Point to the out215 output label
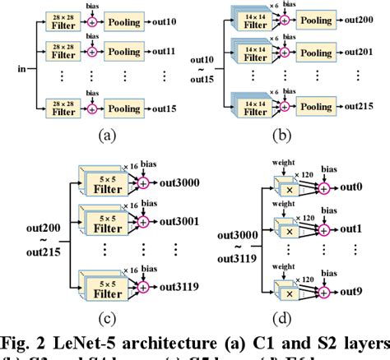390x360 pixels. (362, 107)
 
